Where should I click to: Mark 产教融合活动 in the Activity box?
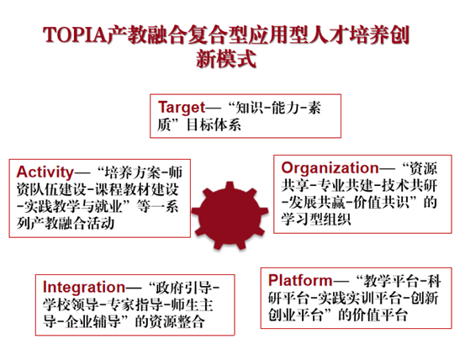click(77, 224)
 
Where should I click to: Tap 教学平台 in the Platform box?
click(385, 278)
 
